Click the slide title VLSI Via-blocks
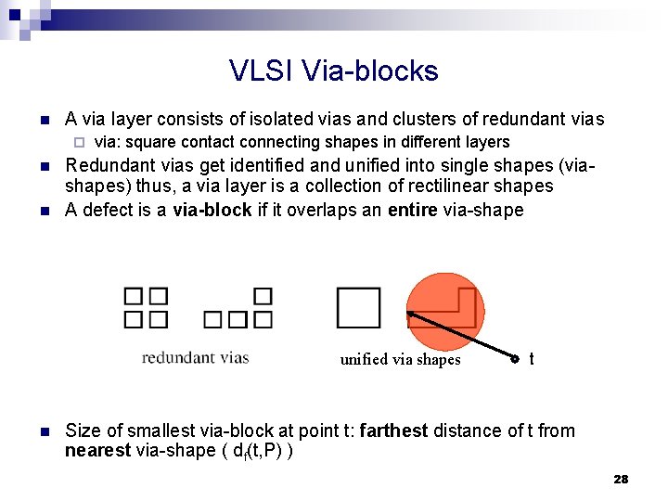coord(334,71)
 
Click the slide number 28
coord(621,479)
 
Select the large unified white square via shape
coord(358,307)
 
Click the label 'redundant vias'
coord(195,357)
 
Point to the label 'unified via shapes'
coord(400,360)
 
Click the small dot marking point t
coord(516,359)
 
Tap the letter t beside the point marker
coord(531,358)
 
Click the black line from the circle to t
coord(464,336)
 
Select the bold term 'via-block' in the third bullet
coord(212,210)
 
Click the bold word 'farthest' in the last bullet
coord(393,430)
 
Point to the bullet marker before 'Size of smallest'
coord(44,431)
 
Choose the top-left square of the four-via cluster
coord(134,297)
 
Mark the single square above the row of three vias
coord(263,297)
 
